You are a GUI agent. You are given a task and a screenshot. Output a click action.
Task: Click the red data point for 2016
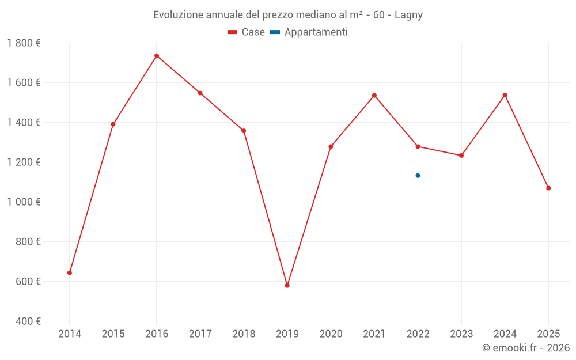(x=157, y=56)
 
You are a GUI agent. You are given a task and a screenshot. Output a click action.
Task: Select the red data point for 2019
(x=287, y=286)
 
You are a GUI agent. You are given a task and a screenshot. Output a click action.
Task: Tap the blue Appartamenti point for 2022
(x=418, y=176)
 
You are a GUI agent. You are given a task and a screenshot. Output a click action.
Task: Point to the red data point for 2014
(x=70, y=273)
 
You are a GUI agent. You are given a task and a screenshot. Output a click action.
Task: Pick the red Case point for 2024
(x=505, y=95)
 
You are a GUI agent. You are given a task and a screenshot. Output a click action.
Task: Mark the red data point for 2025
(x=548, y=188)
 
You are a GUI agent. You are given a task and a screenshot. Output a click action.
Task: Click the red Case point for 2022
(x=418, y=146)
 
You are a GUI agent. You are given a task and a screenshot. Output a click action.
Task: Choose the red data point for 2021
(x=374, y=96)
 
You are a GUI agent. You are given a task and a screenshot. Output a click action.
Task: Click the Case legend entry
(x=247, y=32)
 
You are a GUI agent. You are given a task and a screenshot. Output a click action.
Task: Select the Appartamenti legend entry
(x=309, y=32)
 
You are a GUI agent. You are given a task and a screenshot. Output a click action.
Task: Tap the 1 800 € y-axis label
(x=24, y=43)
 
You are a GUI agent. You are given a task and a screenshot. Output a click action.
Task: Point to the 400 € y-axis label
(x=28, y=321)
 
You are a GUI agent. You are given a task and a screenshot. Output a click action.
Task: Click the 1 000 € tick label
(x=24, y=202)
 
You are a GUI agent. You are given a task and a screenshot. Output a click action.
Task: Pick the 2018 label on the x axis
(x=244, y=334)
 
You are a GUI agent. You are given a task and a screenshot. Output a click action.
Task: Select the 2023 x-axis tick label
(x=461, y=334)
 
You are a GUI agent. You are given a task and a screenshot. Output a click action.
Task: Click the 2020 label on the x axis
(x=331, y=334)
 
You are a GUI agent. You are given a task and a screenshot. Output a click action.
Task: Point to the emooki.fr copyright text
(x=525, y=348)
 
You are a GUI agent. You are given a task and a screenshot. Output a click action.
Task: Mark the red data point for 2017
(x=200, y=93)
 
